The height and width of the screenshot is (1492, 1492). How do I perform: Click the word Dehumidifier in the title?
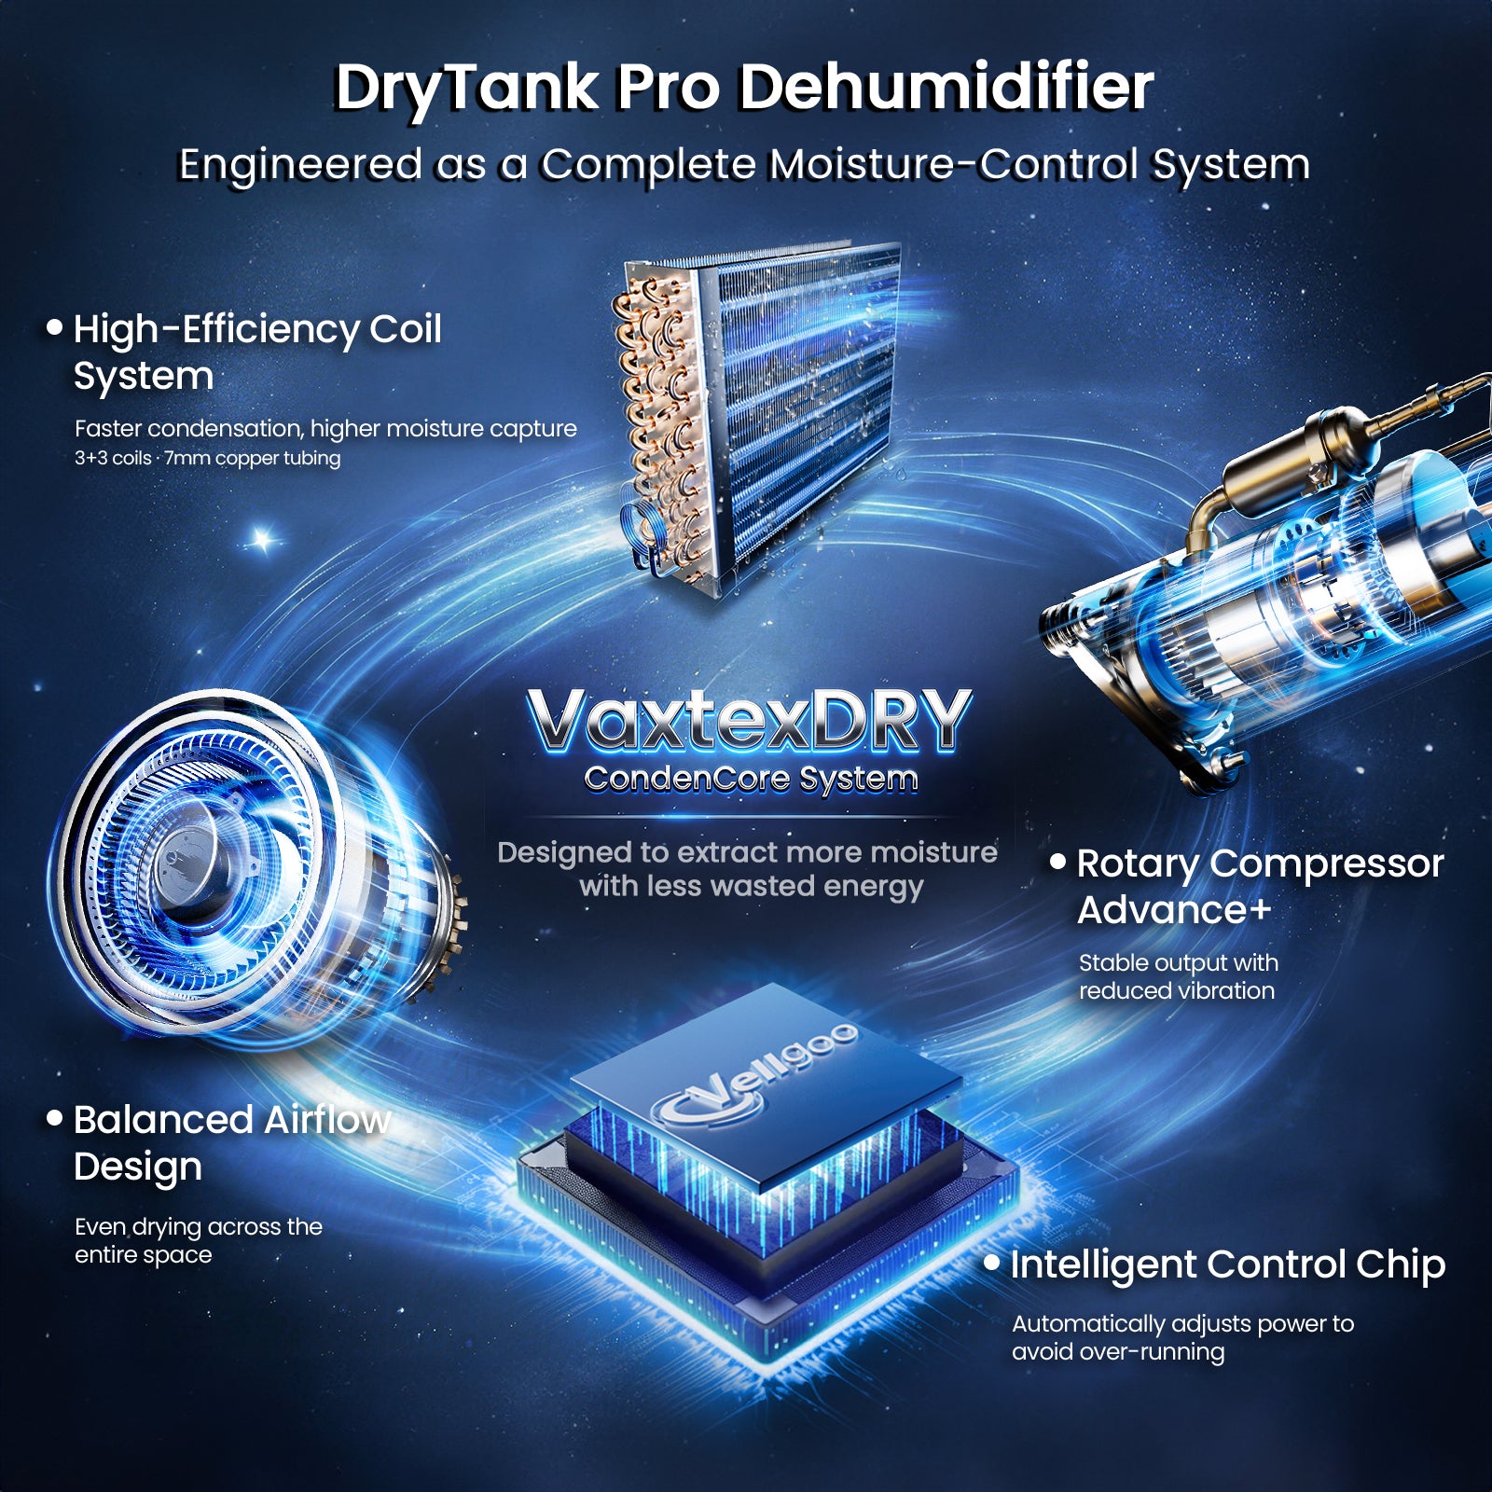click(x=946, y=88)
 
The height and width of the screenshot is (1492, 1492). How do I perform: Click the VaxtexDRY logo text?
click(x=750, y=720)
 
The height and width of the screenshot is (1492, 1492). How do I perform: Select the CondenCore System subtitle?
click(x=751, y=778)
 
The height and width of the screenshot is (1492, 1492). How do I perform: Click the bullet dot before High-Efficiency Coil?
click(x=55, y=326)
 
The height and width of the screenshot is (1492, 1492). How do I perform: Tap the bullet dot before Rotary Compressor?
click(x=1057, y=862)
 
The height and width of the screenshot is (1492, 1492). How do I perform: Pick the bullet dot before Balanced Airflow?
click(x=55, y=1117)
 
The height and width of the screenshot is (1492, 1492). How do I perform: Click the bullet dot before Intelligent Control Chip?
click(x=992, y=1263)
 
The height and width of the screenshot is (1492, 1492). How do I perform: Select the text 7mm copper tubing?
click(x=253, y=459)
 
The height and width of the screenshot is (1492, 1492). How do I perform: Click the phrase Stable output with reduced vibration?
click(x=1179, y=976)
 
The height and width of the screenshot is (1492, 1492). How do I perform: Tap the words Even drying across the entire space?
click(x=199, y=1240)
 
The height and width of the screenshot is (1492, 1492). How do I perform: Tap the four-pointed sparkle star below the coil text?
click(x=264, y=539)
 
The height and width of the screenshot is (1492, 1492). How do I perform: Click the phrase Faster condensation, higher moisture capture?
click(x=325, y=428)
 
